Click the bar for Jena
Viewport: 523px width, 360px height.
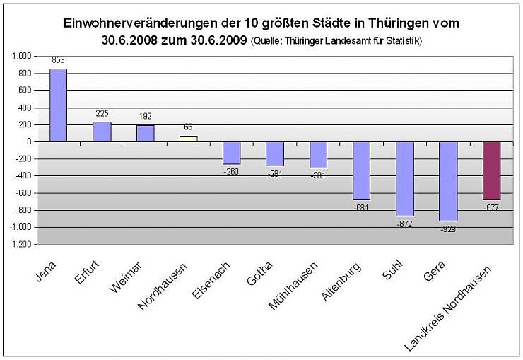click(58, 105)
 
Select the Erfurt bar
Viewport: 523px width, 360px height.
click(102, 132)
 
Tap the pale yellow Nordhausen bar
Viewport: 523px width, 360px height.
click(188, 139)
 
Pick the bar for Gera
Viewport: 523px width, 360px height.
click(448, 181)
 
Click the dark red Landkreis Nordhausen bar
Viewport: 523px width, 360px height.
click(491, 170)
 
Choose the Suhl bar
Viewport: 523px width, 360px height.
click(405, 178)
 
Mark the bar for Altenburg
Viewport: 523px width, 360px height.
click(361, 170)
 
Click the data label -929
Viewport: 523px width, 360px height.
click(448, 229)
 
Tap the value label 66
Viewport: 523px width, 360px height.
click(188, 127)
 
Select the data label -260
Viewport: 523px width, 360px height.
click(232, 170)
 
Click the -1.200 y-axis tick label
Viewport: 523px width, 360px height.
click(20, 245)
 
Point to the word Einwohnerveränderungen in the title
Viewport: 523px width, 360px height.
click(140, 23)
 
